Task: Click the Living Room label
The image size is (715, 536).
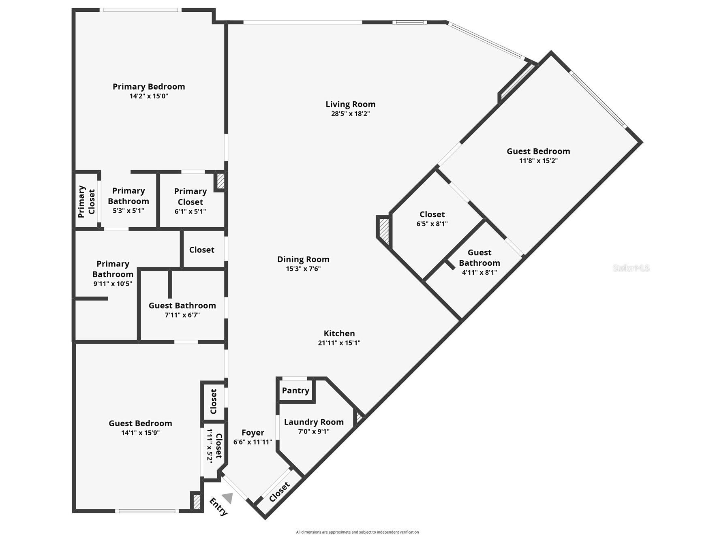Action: tap(350, 105)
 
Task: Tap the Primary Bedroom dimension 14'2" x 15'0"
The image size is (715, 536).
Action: tap(149, 96)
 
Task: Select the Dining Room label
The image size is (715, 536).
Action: tap(303, 259)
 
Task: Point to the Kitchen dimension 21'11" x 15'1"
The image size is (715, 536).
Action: tap(339, 343)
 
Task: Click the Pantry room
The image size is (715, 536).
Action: tap(295, 391)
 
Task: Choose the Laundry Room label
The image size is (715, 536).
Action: tap(314, 422)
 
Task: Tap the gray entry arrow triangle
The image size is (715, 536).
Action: tap(228, 498)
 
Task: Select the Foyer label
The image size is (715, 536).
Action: tap(253, 433)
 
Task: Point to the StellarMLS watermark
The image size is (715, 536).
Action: tap(631, 268)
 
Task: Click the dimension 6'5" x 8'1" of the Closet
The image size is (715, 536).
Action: tap(432, 224)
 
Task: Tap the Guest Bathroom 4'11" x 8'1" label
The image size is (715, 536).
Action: tap(479, 262)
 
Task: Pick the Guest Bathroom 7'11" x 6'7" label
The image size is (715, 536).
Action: tap(182, 310)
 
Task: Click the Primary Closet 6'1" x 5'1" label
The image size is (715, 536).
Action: tap(190, 201)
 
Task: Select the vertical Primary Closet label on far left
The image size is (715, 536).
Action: tap(86, 201)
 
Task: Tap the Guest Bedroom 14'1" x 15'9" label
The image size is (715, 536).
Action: tap(140, 428)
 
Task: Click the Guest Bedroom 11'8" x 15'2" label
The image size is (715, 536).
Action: tap(538, 156)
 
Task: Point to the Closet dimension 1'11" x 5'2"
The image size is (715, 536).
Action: tap(210, 446)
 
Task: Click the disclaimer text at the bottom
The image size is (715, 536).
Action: tap(357, 532)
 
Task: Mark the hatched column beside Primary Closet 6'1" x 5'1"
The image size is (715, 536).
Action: tap(220, 181)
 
